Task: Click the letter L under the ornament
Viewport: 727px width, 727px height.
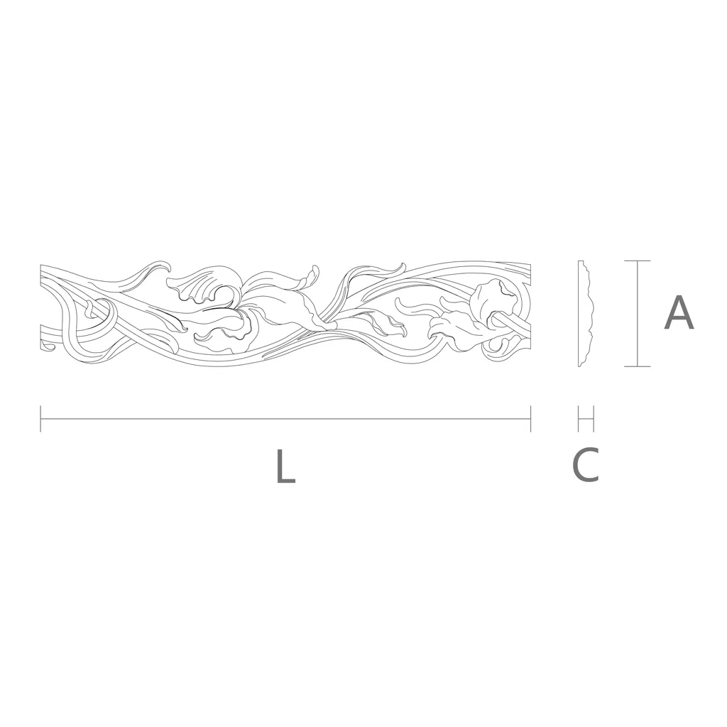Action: tap(285, 466)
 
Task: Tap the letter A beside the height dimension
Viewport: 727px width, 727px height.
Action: tap(679, 313)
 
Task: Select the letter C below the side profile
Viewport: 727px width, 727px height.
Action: tap(586, 464)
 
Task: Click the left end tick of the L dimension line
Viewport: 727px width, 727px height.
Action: tap(40, 419)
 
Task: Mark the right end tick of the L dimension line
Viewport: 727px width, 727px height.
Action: tap(530, 419)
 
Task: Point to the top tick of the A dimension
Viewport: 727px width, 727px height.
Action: tap(637, 261)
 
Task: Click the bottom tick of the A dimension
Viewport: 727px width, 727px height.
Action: tap(637, 367)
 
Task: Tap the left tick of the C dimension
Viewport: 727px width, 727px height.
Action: tap(579, 419)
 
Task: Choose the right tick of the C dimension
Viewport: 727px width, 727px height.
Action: tap(594, 419)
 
